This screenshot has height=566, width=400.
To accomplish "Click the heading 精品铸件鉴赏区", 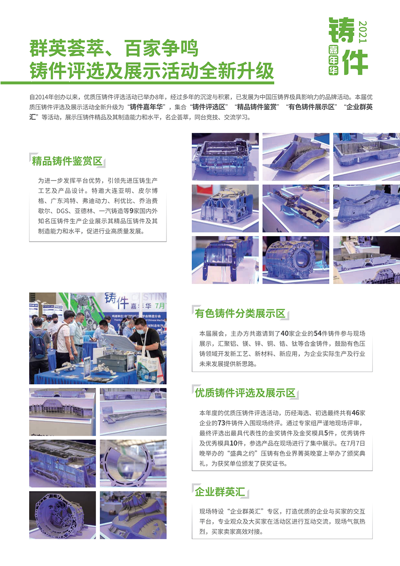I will tap(67, 161).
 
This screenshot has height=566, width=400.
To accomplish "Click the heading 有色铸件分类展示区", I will tap(240, 314).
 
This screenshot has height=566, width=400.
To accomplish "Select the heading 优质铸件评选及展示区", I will tap(245, 393).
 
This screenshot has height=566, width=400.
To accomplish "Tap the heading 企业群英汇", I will tap(220, 492).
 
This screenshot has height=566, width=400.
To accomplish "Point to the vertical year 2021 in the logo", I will tap(362, 32).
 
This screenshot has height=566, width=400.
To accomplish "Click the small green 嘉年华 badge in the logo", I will tap(333, 60).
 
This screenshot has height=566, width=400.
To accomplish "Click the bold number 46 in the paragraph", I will tap(356, 413).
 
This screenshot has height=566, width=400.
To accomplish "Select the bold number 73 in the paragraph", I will tap(222, 423).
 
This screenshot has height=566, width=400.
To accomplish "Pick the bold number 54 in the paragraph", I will tap(317, 334).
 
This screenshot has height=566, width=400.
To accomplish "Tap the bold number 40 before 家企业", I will tap(284, 334).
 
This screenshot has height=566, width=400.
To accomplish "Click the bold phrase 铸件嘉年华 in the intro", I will tap(146, 107).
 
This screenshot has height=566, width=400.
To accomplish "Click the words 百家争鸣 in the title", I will tap(161, 48).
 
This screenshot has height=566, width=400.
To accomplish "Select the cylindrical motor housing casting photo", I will tap(295, 260).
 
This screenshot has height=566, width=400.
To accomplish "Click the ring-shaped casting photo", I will tap(133, 463).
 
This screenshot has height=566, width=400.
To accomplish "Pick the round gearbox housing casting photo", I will tap(62, 515).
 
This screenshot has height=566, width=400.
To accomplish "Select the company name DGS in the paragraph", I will tap(63, 211).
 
